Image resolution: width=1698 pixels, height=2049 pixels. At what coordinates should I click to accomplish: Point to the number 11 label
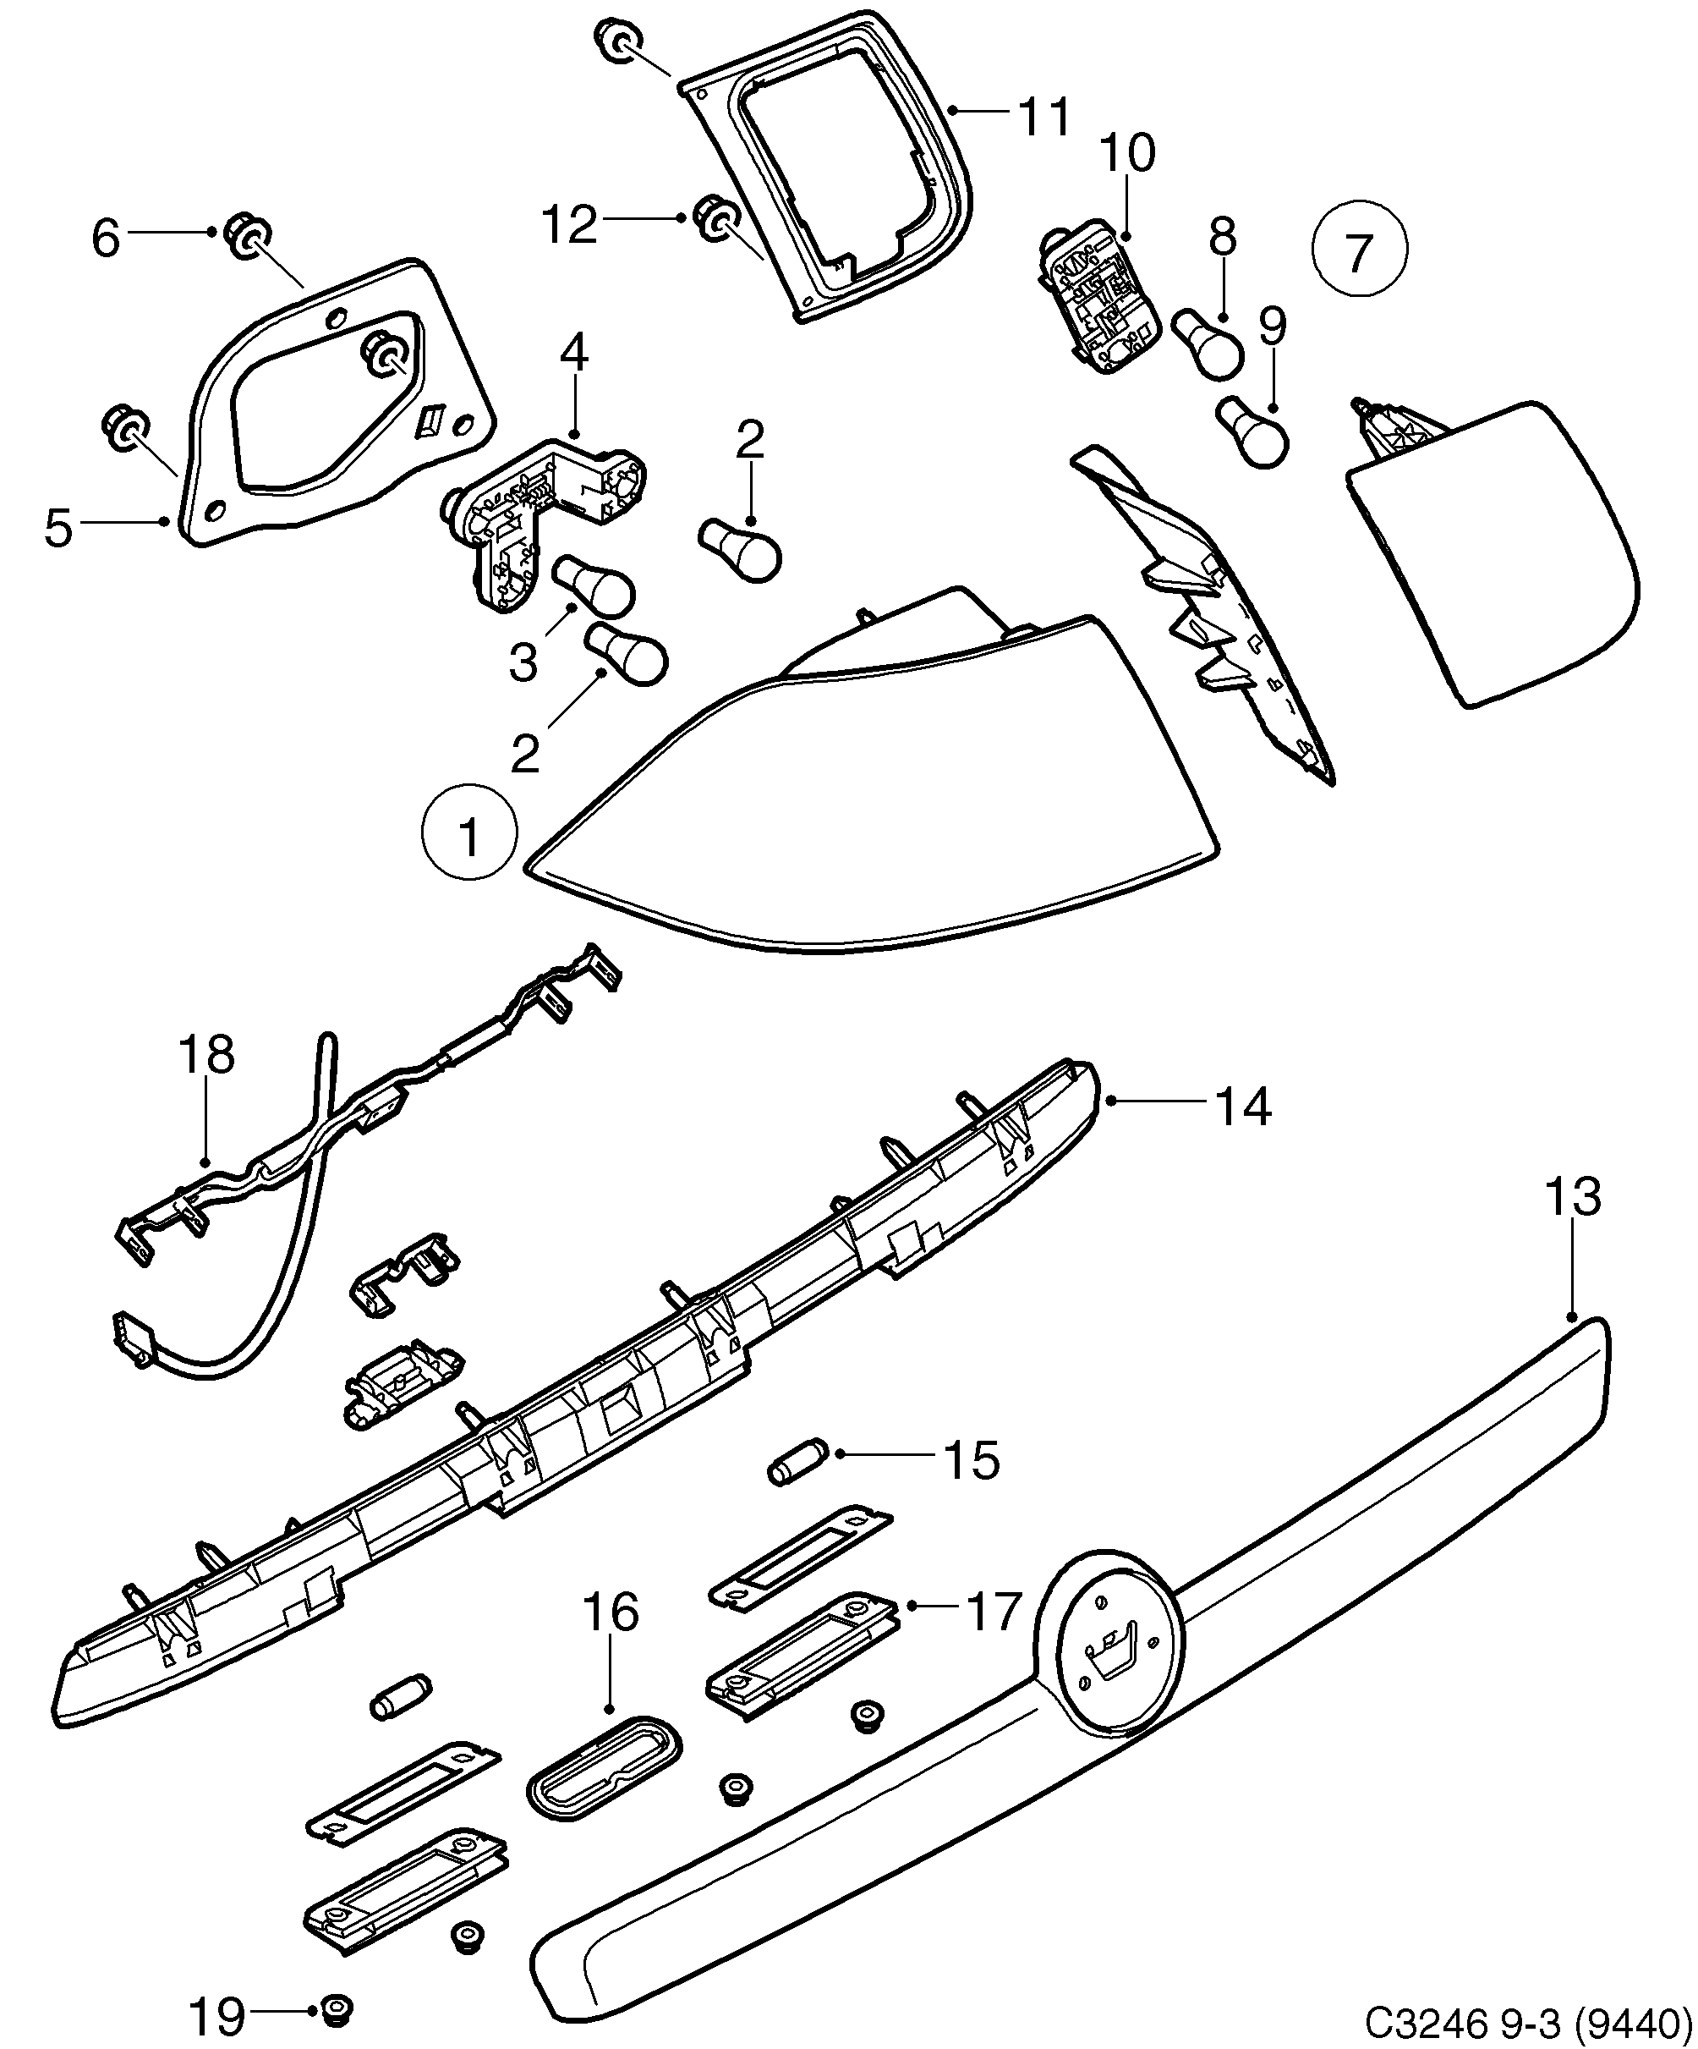tap(1043, 116)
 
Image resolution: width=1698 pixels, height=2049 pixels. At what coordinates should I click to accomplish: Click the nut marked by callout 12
tap(716, 218)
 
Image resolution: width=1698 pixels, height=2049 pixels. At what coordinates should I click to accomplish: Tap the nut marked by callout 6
tap(248, 237)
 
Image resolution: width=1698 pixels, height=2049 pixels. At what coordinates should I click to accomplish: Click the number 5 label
tap(58, 528)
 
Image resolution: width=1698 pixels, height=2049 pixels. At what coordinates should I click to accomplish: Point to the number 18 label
tap(207, 1056)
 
